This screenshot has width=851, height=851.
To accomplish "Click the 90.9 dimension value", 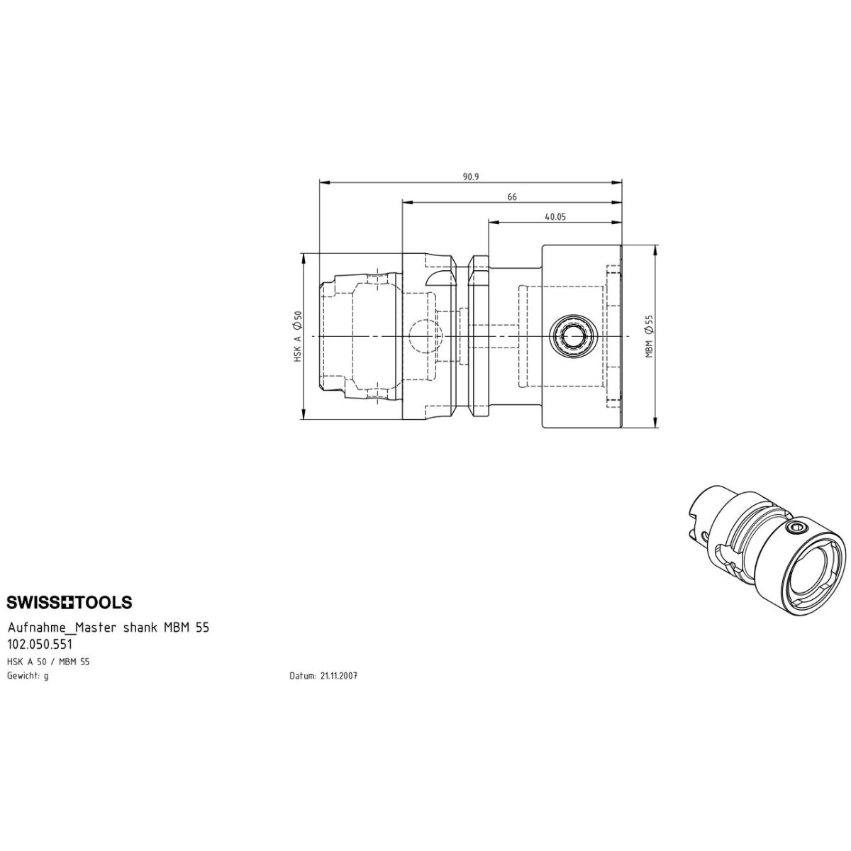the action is [471, 177].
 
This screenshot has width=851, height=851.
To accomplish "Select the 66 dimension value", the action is [512, 197].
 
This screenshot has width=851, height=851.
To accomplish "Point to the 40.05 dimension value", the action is [555, 217].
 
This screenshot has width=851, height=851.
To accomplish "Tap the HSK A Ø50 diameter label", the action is [298, 337].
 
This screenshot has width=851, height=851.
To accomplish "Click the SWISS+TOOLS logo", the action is [69, 602].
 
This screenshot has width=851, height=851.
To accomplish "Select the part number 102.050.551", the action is [39, 644].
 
